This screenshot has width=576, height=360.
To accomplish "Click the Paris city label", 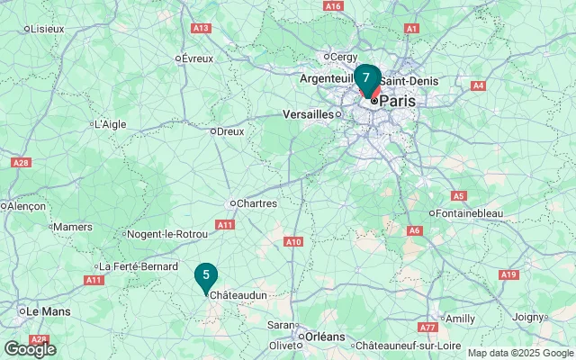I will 397,102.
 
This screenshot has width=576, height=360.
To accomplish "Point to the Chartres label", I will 256,203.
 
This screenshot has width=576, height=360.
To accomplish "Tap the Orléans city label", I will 325,337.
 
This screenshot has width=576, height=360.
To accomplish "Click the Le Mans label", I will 49,310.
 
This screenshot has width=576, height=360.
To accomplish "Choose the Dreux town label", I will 230,131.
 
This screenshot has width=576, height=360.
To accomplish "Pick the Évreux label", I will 197,58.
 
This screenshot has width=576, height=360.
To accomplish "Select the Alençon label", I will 26,206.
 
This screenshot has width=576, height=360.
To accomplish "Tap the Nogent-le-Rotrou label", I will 168,235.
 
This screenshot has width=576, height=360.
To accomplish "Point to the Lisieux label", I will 48,29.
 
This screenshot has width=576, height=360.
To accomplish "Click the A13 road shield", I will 202,29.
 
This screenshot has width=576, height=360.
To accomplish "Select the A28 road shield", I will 22,163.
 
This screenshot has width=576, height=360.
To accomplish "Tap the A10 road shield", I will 293,241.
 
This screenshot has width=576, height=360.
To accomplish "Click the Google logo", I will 30,349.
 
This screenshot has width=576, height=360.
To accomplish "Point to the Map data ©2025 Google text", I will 520,354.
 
